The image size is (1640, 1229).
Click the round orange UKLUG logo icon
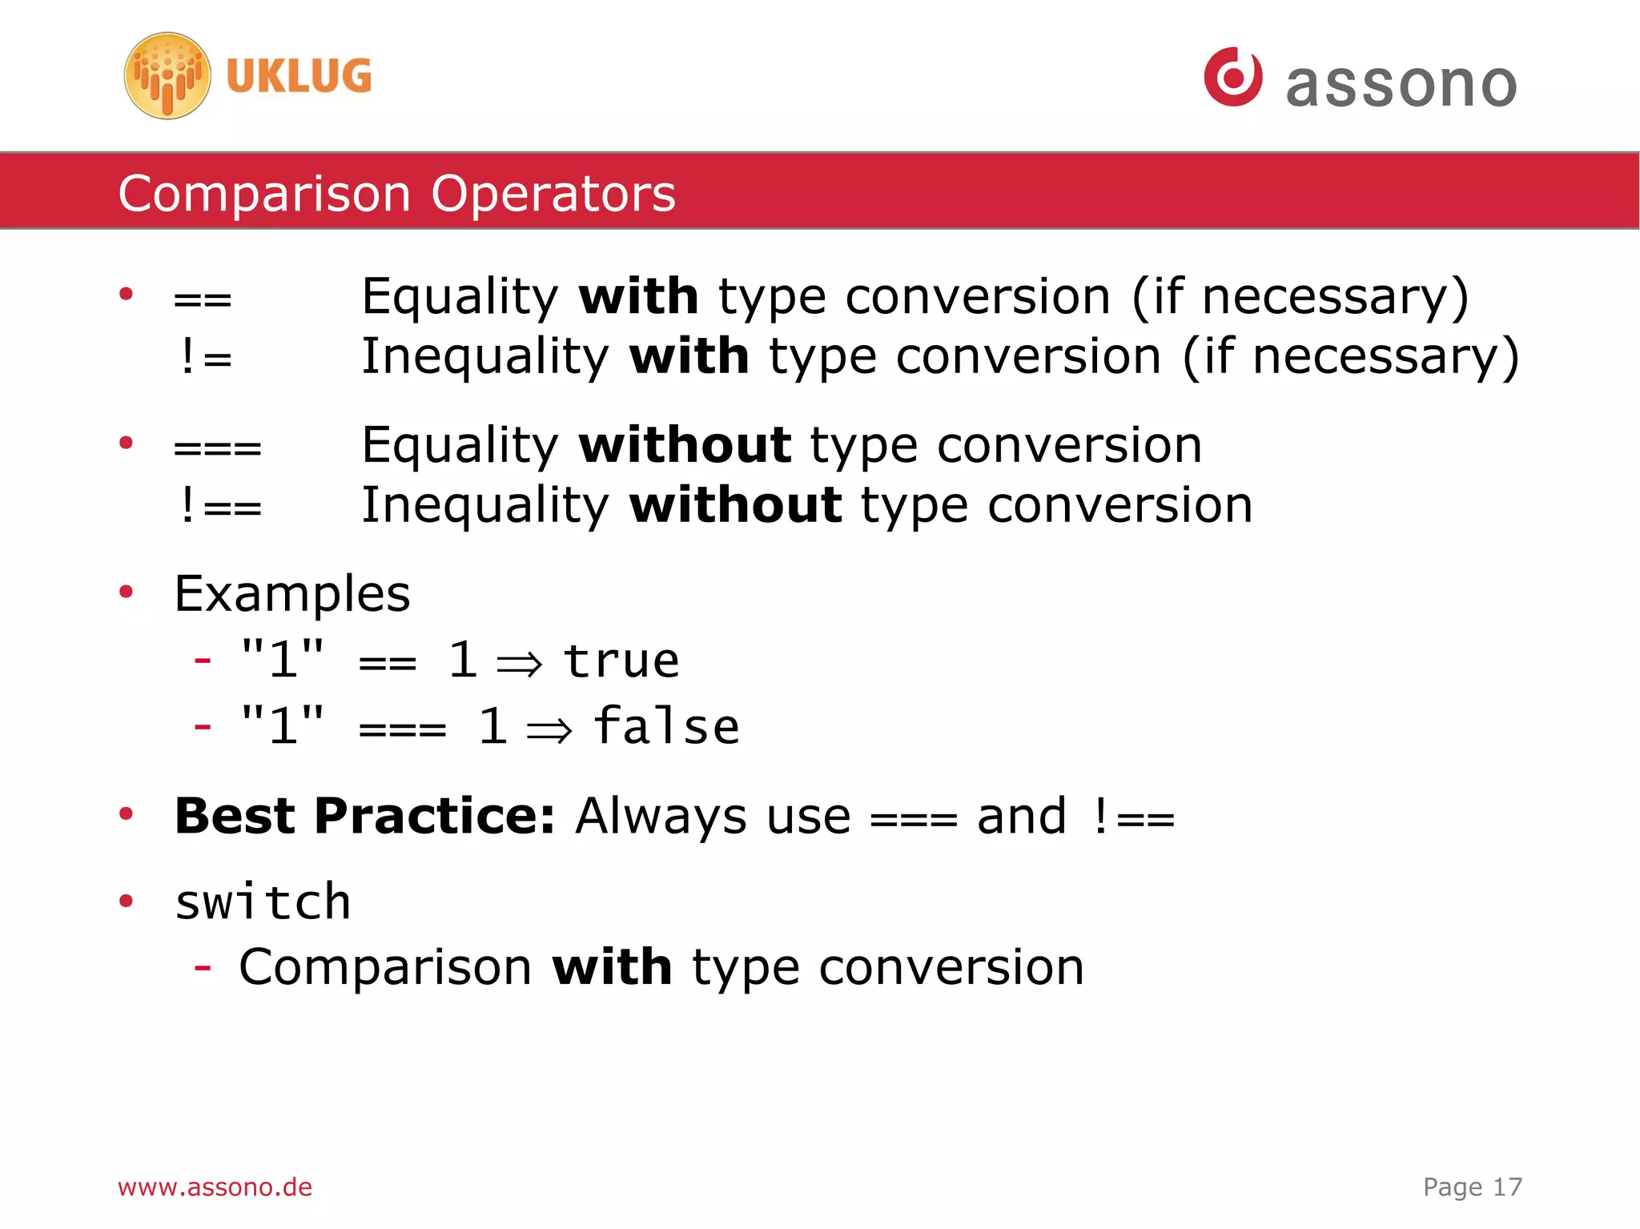(x=167, y=76)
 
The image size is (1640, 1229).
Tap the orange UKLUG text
(x=299, y=77)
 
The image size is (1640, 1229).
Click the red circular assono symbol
(x=1232, y=77)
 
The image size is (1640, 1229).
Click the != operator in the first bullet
(x=205, y=357)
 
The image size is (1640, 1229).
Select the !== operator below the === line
(x=219, y=506)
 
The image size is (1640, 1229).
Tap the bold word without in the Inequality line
(x=735, y=506)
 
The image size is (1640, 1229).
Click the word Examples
(x=292, y=595)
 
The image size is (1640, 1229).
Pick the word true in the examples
(x=621, y=661)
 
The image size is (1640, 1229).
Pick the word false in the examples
(x=666, y=727)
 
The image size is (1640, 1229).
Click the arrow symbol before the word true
(x=520, y=664)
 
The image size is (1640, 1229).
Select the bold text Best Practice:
(x=364, y=817)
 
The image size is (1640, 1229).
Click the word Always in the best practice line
(x=661, y=817)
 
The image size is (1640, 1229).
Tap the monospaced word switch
(x=263, y=903)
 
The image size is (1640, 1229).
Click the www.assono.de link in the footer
(x=215, y=1187)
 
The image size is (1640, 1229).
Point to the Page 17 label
(x=1472, y=1187)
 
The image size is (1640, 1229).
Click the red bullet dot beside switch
(x=126, y=902)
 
